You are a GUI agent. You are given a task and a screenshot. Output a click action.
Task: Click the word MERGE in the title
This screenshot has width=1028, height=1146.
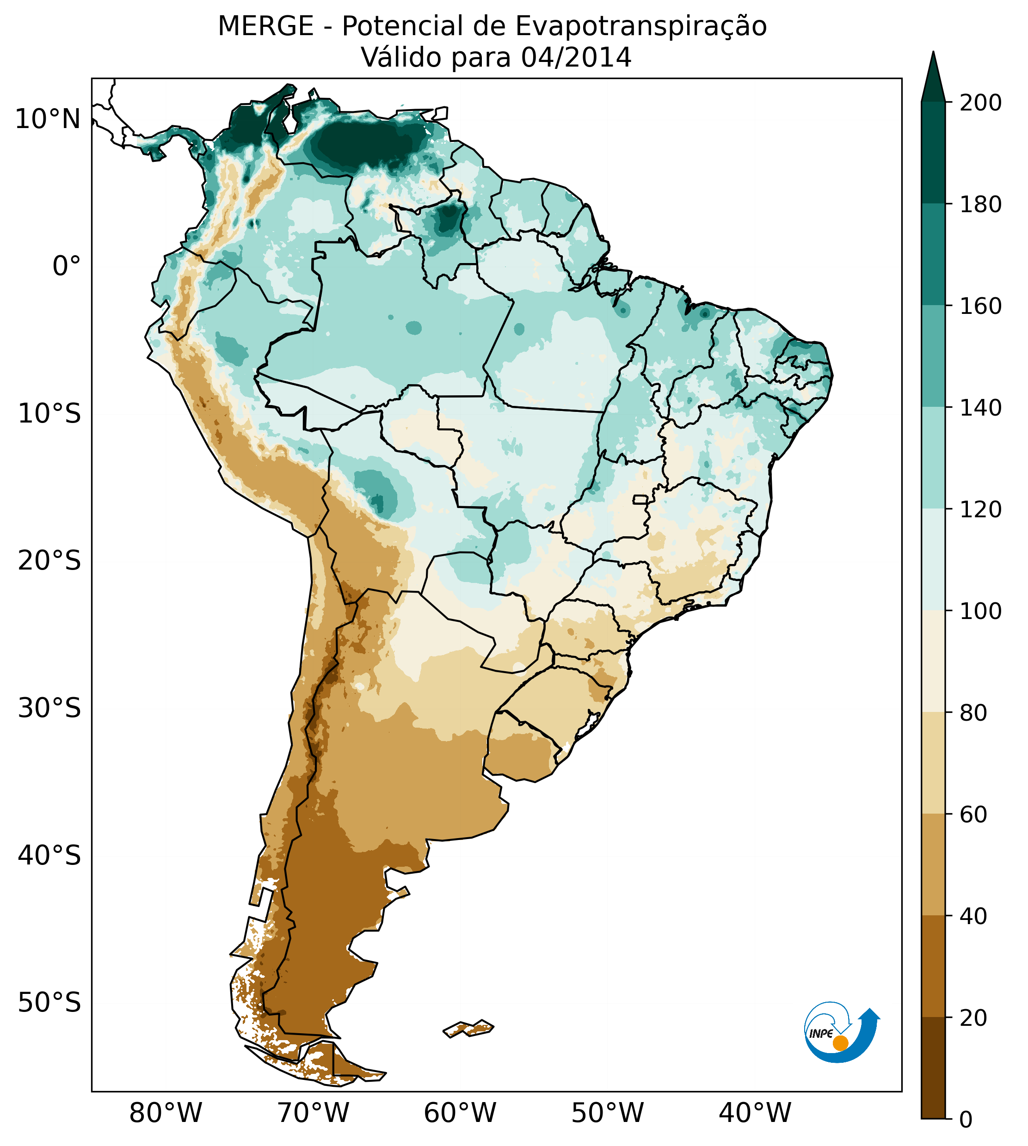265,26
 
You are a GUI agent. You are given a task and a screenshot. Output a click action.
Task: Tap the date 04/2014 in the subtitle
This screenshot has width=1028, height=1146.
576,58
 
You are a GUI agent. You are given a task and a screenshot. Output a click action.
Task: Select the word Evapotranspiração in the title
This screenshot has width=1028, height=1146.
640,26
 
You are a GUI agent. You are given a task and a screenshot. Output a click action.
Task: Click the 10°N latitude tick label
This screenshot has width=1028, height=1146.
48,120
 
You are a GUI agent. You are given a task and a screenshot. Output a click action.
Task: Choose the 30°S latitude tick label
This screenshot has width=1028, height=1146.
49,709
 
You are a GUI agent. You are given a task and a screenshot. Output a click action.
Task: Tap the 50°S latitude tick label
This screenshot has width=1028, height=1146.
49,1003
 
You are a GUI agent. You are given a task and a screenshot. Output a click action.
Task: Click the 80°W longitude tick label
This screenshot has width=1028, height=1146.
166,1113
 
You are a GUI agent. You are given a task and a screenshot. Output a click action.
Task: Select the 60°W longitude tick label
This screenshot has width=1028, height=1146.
460,1113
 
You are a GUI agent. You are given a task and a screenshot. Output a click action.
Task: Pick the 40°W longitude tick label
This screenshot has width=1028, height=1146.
755,1113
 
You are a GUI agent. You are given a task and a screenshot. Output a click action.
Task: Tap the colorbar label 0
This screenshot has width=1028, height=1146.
966,1120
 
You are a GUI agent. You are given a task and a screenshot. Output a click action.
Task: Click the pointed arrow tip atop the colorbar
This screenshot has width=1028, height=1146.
933,54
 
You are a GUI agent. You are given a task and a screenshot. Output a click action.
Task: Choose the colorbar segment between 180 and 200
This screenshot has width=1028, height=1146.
933,153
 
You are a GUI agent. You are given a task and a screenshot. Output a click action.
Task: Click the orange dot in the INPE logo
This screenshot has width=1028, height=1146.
840,1043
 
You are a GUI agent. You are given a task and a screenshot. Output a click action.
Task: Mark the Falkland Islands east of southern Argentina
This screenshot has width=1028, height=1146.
468,1028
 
